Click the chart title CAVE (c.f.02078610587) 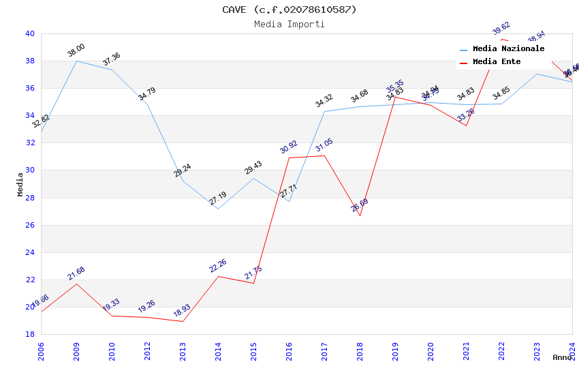[289, 10]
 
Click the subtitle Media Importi [289, 24]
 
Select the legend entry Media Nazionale [508, 48]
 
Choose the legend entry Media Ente [497, 61]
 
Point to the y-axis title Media [20, 184]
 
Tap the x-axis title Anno [562, 357]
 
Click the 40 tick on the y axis [30, 33]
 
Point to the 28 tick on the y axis [30, 198]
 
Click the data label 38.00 [76, 50]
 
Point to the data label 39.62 [501, 29]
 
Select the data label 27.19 [218, 198]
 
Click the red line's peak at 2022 [501, 39]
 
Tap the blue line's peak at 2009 [76, 61]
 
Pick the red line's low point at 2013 [183, 321]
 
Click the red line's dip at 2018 [360, 215]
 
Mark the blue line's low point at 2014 [218, 209]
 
